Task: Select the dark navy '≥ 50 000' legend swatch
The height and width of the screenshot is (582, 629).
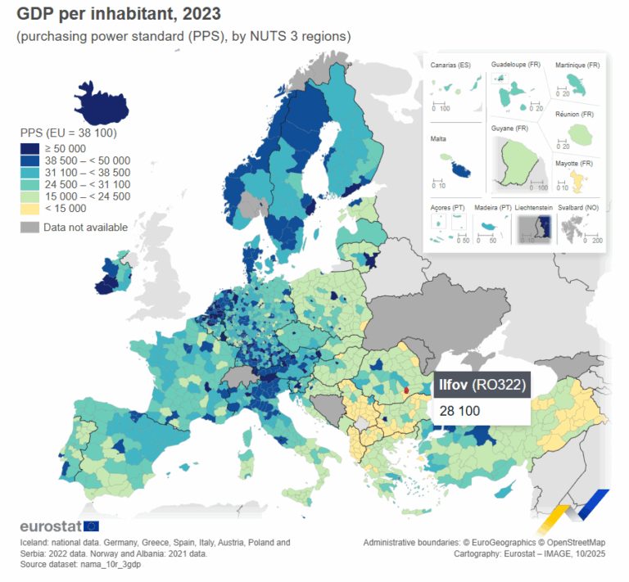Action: (30, 148)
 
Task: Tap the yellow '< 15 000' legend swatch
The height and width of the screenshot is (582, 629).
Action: (30, 208)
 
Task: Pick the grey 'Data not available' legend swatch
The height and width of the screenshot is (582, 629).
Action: (30, 227)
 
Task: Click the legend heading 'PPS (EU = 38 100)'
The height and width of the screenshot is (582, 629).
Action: (67, 132)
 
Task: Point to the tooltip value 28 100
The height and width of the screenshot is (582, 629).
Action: (459, 410)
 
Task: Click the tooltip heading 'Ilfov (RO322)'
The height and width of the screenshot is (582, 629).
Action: (482, 383)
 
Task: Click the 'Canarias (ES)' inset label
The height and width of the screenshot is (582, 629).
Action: (451, 65)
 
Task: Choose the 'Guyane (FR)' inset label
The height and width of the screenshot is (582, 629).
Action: (509, 129)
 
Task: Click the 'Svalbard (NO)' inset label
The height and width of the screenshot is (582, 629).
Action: (579, 208)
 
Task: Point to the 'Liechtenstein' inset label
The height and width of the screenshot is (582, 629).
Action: (536, 208)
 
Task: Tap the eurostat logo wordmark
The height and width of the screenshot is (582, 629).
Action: (50, 526)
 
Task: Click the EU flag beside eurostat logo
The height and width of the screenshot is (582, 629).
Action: (91, 526)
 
